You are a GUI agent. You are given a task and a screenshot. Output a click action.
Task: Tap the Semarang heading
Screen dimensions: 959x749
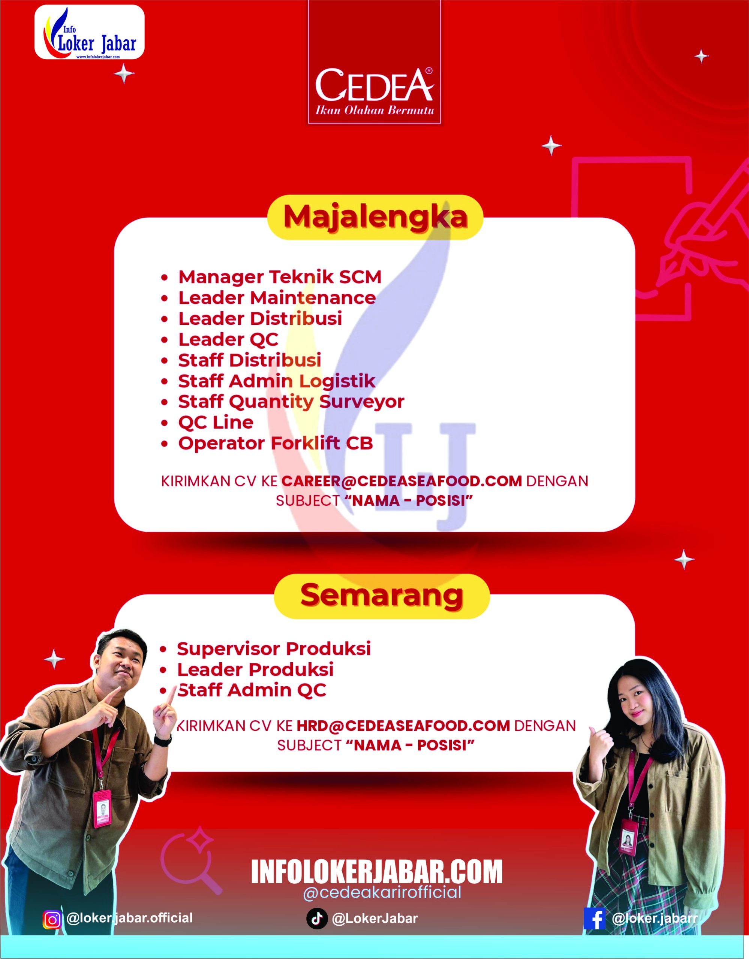381,595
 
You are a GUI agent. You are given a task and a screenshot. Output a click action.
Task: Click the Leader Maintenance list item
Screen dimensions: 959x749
277,298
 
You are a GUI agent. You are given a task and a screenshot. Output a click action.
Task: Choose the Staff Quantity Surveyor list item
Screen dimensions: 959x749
291,401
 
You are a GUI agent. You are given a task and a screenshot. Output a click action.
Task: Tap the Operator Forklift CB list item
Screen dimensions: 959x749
276,443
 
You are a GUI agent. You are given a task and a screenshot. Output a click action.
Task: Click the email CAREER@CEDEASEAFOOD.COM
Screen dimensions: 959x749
401,481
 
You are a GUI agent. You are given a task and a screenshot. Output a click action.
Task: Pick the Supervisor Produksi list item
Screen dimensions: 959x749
274,649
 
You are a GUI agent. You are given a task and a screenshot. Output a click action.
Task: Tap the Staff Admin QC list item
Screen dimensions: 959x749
252,690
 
